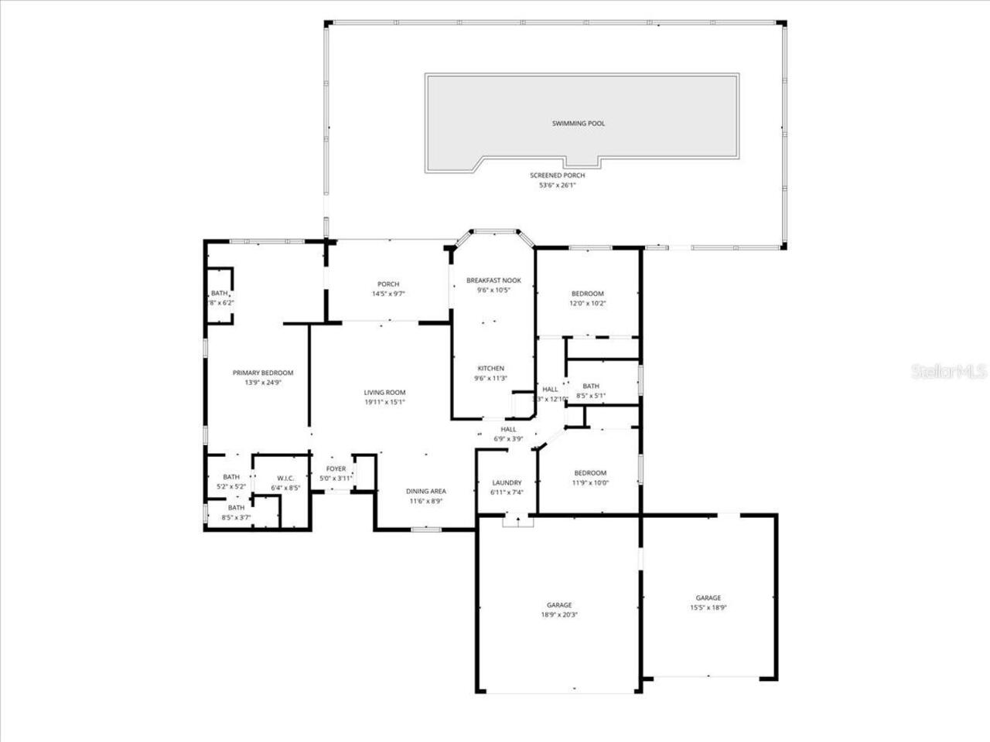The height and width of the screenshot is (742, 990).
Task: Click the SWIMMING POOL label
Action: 578,124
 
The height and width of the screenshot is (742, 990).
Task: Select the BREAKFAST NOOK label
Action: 493,281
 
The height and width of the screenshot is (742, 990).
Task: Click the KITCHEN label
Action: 490,369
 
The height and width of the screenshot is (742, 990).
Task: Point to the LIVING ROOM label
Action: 385,393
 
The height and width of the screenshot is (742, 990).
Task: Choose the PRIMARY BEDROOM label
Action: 263,373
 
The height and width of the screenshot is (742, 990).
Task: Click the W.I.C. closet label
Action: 284,478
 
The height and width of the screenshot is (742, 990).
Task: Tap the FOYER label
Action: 336,469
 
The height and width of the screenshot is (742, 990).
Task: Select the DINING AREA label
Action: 426,492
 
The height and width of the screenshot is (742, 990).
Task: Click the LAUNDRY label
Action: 507,483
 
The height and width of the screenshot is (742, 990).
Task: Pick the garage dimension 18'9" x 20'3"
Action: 558,615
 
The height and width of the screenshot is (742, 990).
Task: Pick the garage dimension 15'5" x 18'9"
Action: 708,608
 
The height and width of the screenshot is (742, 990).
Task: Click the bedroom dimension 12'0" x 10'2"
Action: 588,304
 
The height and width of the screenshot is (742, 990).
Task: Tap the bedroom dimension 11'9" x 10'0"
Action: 590,483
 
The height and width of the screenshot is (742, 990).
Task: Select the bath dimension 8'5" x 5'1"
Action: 590,397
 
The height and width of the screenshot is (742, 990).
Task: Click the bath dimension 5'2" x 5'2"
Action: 231,487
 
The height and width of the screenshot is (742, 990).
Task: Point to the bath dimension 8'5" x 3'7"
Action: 236,518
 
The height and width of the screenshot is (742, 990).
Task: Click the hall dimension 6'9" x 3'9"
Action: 508,439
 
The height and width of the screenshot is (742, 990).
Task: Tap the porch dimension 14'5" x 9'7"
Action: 388,294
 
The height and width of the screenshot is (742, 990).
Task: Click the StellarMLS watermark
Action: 949,372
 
